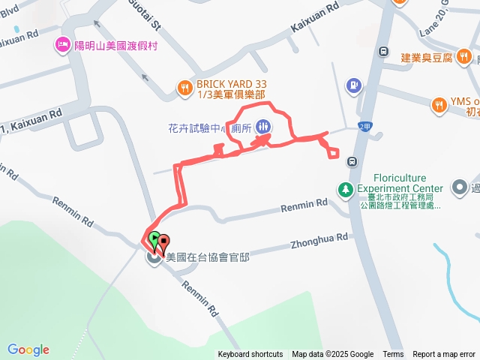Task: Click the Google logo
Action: click(28, 349)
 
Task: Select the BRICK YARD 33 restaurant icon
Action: click(184, 88)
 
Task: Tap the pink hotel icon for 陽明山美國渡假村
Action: click(60, 46)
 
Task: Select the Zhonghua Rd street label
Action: click(320, 239)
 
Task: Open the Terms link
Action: click(393, 354)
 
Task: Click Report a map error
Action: click(444, 354)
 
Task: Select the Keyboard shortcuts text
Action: click(250, 354)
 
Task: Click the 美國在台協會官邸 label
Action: click(207, 256)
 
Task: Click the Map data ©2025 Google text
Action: click(332, 354)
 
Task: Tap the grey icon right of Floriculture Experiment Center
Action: click(459, 187)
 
